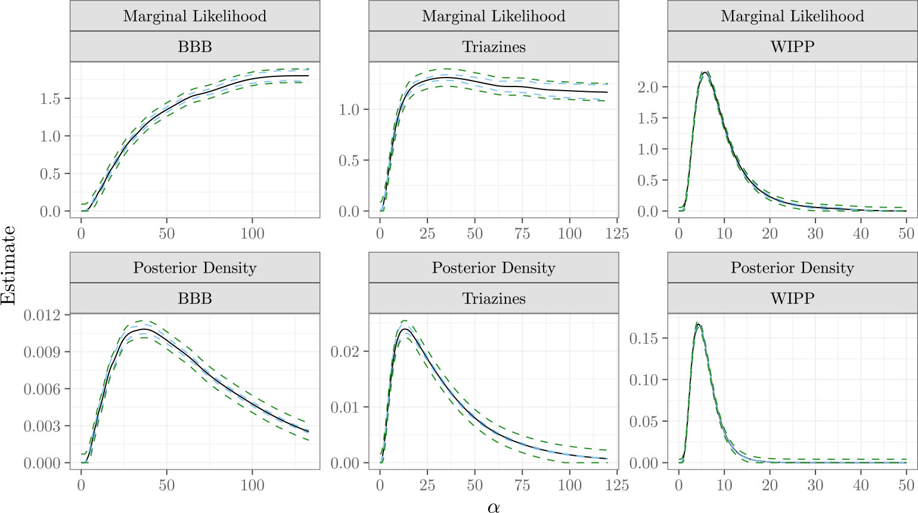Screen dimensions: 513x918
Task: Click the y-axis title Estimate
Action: click(x=8, y=265)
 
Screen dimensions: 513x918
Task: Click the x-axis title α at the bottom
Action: click(x=494, y=506)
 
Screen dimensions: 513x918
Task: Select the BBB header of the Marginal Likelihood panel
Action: click(x=195, y=47)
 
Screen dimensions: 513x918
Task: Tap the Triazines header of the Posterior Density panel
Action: click(x=494, y=298)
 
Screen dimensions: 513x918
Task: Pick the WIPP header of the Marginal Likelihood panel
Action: click(x=792, y=47)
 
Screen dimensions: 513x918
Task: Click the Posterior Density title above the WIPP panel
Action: click(x=792, y=268)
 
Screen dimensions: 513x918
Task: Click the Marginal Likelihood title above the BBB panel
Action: click(x=195, y=16)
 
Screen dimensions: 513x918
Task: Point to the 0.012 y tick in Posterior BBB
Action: click(x=42, y=314)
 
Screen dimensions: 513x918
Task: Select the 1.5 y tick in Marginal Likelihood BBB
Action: click(x=50, y=98)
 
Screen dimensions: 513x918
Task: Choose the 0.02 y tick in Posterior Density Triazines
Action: click(x=345, y=351)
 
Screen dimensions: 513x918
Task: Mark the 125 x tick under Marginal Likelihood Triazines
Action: click(x=617, y=233)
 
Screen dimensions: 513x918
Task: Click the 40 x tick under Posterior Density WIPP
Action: click(x=861, y=485)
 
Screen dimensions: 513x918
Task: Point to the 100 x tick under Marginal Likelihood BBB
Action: click(x=252, y=233)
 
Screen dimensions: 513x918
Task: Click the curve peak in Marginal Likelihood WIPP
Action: click(x=705, y=72)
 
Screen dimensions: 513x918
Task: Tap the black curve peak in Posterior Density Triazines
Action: click(x=404, y=329)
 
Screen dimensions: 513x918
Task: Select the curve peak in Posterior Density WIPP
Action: click(x=697, y=325)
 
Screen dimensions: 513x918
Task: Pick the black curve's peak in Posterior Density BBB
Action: click(x=143, y=329)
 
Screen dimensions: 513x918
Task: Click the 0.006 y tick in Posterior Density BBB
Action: click(x=42, y=389)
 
